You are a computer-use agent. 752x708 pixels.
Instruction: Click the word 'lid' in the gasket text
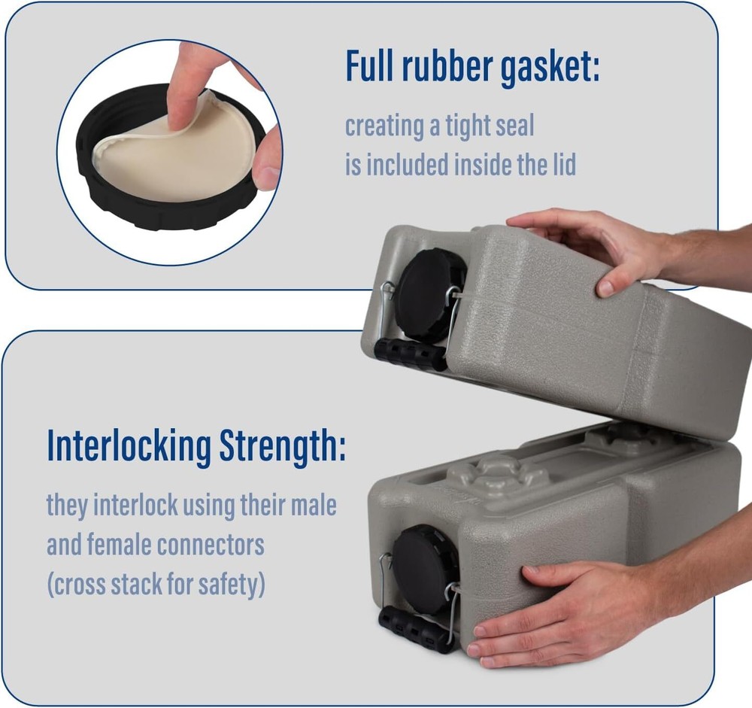[x=561, y=164]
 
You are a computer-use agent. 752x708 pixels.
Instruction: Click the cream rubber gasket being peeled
[x=173, y=154]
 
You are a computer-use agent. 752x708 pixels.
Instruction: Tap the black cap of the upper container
[x=430, y=293]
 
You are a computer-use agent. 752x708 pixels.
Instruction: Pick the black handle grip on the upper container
[x=410, y=354]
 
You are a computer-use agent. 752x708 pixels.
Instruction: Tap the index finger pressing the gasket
[x=183, y=83]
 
